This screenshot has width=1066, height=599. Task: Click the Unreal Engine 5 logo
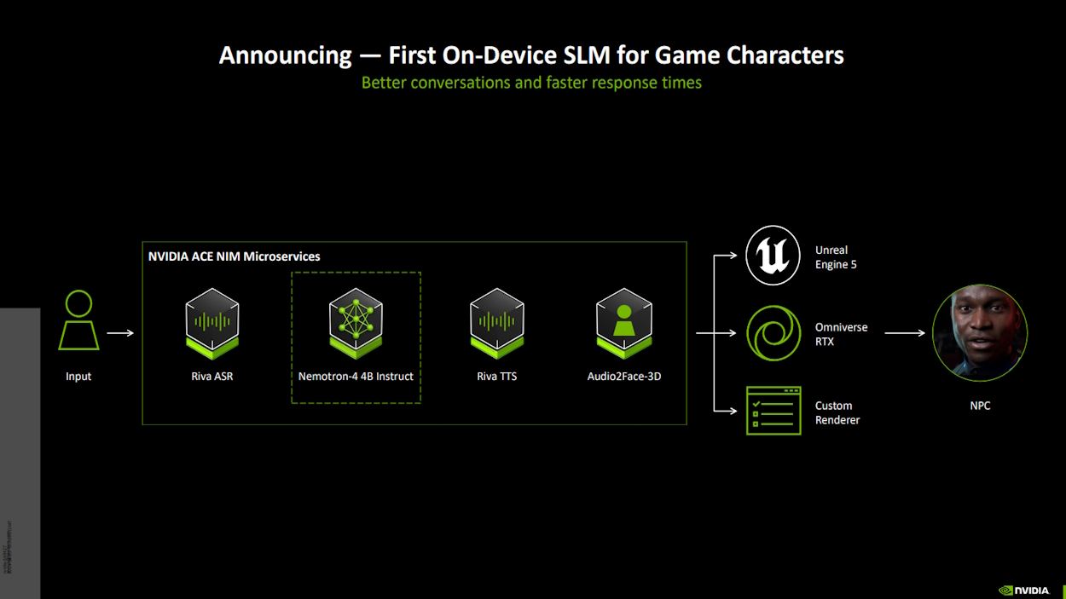pos(773,256)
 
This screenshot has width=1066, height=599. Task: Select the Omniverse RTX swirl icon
pos(773,333)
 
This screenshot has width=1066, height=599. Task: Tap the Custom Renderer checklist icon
pos(773,411)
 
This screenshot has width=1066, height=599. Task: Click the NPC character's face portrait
pos(979,332)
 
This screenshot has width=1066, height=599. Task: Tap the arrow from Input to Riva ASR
pos(120,333)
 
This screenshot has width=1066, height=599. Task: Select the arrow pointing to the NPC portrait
pos(904,333)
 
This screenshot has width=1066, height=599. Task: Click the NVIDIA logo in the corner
pos(1023,590)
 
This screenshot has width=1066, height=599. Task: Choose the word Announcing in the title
pos(285,55)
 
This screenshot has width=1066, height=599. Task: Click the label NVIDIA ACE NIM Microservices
pos(235,256)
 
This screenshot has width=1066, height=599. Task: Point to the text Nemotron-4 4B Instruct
pos(356,377)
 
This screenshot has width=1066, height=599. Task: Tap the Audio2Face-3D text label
pos(624,377)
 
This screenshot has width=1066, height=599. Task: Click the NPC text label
pos(980,406)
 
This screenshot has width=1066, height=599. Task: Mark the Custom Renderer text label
pos(837,412)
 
